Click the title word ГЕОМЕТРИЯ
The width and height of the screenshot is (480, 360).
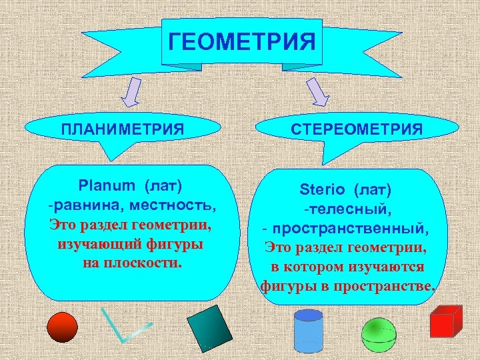click(x=241, y=43)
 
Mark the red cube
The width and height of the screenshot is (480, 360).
click(x=445, y=323)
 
